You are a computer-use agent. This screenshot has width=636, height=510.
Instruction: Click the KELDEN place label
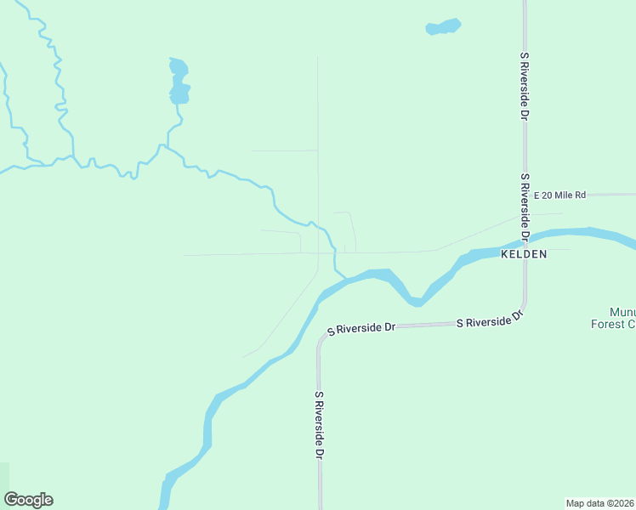click(523, 254)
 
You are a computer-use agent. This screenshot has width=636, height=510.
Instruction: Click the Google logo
click(28, 500)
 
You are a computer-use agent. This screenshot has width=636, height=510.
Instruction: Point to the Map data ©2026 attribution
click(599, 502)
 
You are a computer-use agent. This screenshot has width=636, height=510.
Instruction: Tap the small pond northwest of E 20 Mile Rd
click(443, 27)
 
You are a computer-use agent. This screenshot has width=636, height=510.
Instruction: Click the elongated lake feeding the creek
click(179, 81)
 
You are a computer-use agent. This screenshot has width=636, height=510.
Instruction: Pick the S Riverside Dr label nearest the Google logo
click(321, 426)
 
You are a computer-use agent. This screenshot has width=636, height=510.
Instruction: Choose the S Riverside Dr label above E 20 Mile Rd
click(525, 85)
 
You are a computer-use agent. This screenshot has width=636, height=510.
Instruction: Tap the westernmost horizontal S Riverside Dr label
click(363, 327)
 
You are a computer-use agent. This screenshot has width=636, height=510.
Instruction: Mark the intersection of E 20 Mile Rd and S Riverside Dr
click(525, 195)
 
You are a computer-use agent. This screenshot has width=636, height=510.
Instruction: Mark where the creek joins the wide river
click(344, 278)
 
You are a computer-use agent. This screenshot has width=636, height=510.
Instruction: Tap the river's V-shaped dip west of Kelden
click(415, 301)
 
